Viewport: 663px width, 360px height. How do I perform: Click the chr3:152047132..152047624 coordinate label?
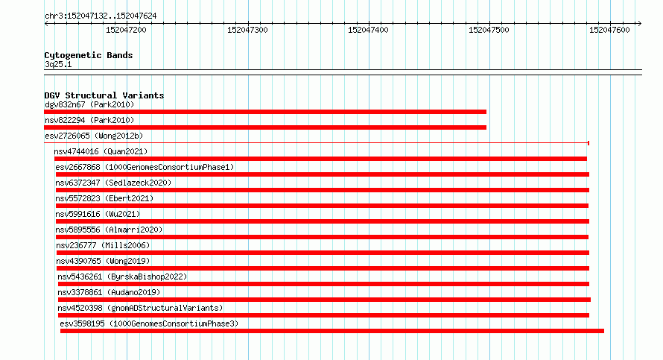(101, 16)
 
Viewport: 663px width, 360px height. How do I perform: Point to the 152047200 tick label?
(126, 30)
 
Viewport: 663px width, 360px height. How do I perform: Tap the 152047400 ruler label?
(368, 30)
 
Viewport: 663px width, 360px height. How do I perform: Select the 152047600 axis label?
(609, 30)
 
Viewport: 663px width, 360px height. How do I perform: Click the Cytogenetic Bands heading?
(89, 55)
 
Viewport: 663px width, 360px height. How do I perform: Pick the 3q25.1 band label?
(58, 64)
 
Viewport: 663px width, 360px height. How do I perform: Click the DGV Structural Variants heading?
(104, 95)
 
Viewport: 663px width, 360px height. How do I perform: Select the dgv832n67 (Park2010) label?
(89, 104)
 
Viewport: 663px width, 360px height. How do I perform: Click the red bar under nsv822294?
(265, 127)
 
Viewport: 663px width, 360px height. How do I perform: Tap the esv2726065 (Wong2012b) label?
(94, 136)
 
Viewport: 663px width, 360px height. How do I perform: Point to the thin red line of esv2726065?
(317, 143)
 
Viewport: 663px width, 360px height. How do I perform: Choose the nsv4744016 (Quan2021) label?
(101, 151)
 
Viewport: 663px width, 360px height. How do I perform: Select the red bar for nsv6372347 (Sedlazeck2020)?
(323, 190)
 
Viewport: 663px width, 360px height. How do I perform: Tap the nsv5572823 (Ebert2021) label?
(104, 198)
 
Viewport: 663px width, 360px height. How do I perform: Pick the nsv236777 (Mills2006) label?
(103, 245)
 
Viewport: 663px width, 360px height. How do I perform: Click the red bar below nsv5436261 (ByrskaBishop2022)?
(323, 284)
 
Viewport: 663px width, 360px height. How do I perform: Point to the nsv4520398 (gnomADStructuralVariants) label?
(140, 308)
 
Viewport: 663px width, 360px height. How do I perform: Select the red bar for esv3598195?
(332, 331)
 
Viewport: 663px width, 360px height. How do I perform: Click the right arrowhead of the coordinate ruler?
(640, 24)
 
